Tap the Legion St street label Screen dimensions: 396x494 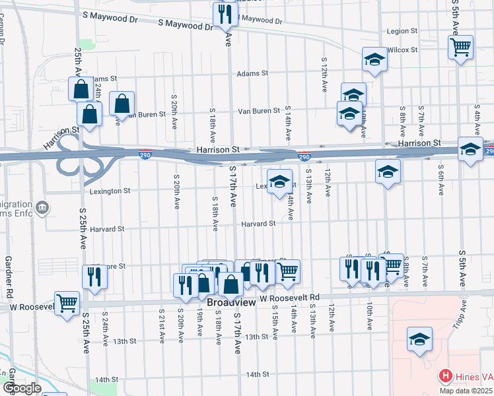tap(402, 31)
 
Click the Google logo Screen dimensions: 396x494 tap(22, 388)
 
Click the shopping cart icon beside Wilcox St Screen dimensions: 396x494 tap(460, 47)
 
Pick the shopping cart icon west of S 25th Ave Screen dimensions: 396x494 tap(67, 304)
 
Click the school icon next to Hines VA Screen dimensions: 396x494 tap(419, 339)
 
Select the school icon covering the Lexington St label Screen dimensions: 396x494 tap(279, 181)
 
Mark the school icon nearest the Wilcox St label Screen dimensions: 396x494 tap(374, 59)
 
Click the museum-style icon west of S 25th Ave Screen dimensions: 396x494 tap(43, 209)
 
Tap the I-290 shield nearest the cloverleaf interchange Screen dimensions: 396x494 tap(145, 154)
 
